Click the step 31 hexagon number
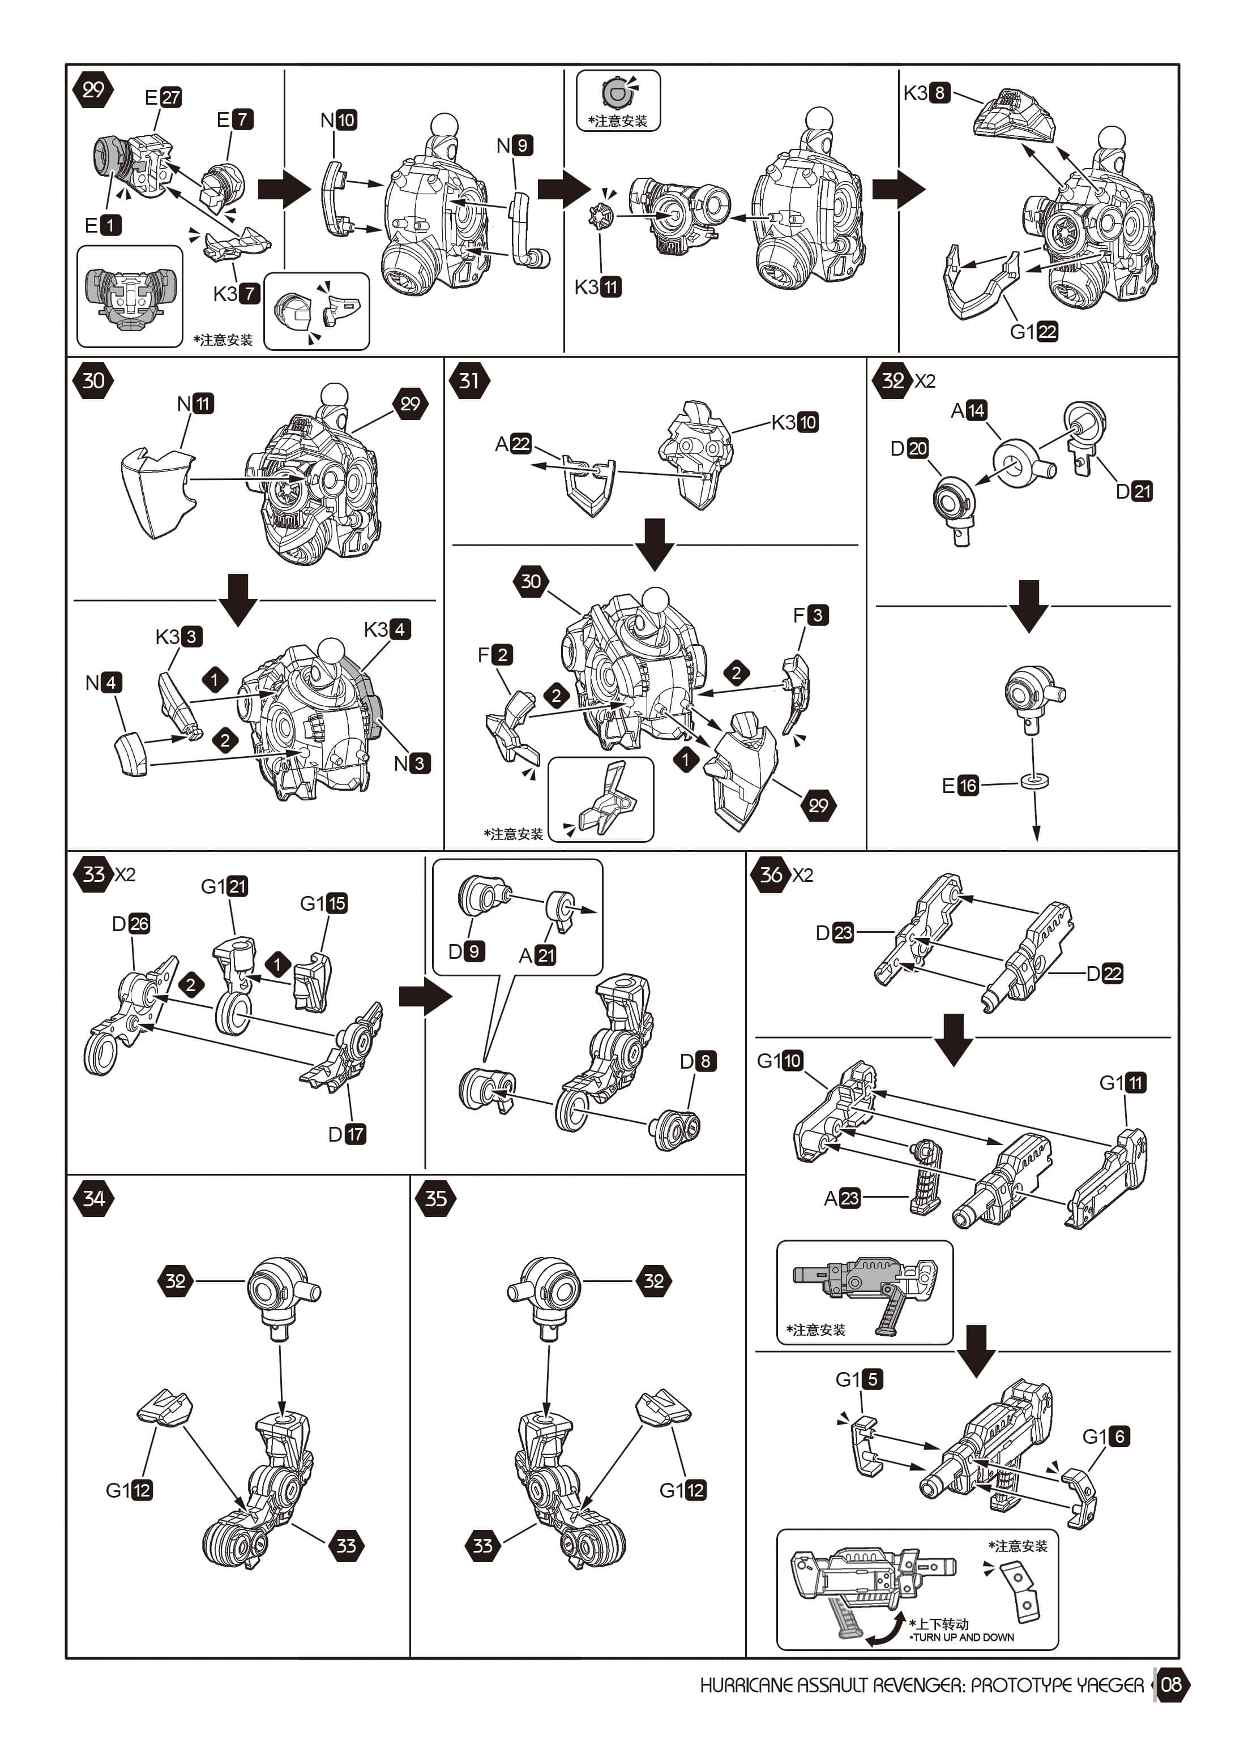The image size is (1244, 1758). pos(469,380)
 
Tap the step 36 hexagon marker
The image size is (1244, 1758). pos(771,874)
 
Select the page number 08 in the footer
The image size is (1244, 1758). pos(1171,1684)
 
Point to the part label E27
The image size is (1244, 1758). pos(163,97)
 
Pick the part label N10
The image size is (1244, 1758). pos(338,120)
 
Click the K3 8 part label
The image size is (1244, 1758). pos(927,93)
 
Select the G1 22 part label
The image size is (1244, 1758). pos(1034,332)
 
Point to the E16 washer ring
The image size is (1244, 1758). pos(1034,782)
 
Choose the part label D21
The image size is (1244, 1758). pos(1134,491)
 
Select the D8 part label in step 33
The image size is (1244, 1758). pos(698,1061)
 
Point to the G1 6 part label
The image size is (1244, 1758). pos(1106,1437)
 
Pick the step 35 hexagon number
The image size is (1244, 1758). pos(435,1198)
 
